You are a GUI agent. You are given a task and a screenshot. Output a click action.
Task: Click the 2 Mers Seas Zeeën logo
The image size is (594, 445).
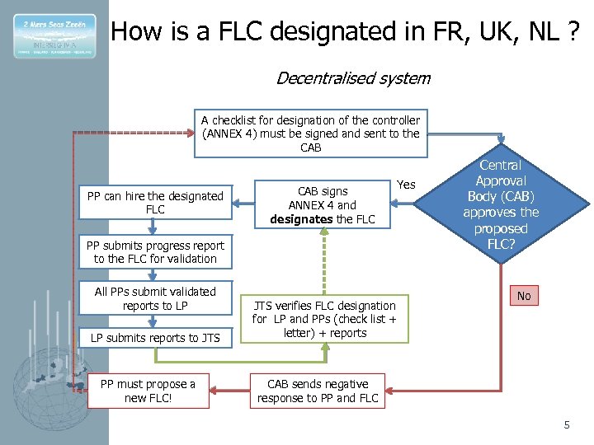tap(54, 36)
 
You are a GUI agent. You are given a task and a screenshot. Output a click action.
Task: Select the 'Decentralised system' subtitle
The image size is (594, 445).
tap(352, 78)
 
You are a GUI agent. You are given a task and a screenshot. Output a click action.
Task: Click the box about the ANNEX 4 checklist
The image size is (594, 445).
tap(310, 133)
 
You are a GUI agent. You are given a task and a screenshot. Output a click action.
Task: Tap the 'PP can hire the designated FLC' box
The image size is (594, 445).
tap(155, 203)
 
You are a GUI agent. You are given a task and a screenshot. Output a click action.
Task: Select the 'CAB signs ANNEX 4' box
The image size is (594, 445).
tap(322, 205)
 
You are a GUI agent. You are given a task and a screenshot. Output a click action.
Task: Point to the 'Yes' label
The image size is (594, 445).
tap(407, 184)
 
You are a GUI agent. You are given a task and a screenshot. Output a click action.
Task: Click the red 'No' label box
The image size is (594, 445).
tap(523, 295)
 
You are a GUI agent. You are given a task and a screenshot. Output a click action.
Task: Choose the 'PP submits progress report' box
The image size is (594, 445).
tap(155, 252)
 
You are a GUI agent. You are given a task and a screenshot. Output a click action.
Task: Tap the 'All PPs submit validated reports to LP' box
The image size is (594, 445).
tap(155, 298)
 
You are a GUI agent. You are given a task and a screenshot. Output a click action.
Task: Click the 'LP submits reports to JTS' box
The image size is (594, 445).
tap(155, 338)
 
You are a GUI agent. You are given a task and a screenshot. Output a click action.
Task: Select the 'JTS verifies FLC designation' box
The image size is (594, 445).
tap(324, 319)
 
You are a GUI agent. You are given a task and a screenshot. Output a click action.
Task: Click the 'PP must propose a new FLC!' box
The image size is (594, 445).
tap(148, 391)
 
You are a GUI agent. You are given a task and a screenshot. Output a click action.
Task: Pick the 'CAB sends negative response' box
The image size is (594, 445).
tap(318, 391)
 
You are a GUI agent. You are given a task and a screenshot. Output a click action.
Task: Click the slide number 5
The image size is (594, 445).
tap(566, 424)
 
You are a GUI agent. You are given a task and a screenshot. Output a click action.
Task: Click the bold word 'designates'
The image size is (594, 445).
tap(299, 218)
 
